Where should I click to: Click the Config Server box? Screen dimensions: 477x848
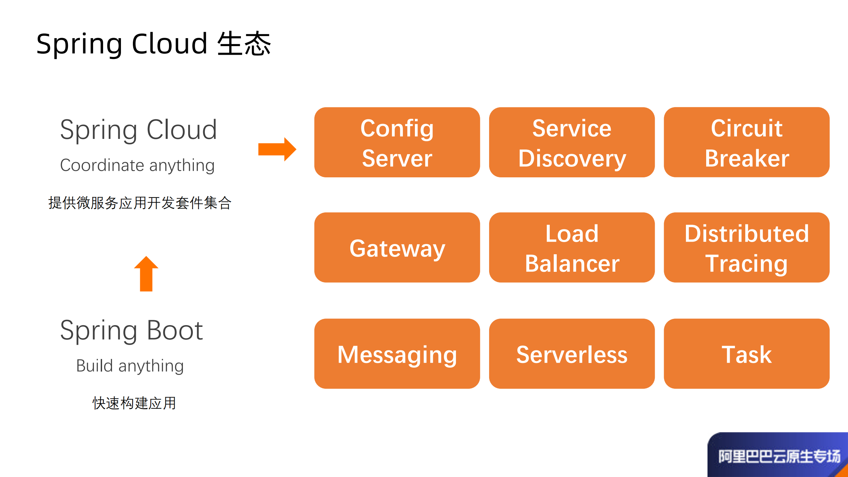(x=397, y=142)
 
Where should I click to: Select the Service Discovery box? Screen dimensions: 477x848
(x=572, y=142)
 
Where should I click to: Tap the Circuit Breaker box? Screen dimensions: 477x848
(x=746, y=142)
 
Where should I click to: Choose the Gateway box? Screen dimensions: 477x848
(x=397, y=248)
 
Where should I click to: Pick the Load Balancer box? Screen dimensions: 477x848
(x=572, y=248)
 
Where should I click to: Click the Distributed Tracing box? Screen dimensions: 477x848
(x=746, y=248)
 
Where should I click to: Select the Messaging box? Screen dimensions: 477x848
(x=397, y=354)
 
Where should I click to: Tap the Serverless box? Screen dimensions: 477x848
(x=572, y=354)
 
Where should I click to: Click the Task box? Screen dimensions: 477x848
(x=746, y=354)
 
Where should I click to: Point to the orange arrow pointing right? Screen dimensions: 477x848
(x=277, y=149)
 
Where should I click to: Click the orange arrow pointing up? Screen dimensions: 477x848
(x=146, y=274)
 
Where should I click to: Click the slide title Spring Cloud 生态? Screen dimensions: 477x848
(x=153, y=44)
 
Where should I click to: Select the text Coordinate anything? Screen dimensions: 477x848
(x=137, y=165)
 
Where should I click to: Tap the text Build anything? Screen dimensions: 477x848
(x=130, y=366)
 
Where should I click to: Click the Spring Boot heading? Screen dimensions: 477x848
(x=131, y=330)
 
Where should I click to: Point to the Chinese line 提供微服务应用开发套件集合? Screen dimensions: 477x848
(x=140, y=203)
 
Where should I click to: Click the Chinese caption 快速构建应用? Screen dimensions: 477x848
(x=134, y=403)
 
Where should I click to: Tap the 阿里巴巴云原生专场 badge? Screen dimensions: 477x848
(x=779, y=456)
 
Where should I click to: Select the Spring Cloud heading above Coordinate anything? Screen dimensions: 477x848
(x=138, y=130)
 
